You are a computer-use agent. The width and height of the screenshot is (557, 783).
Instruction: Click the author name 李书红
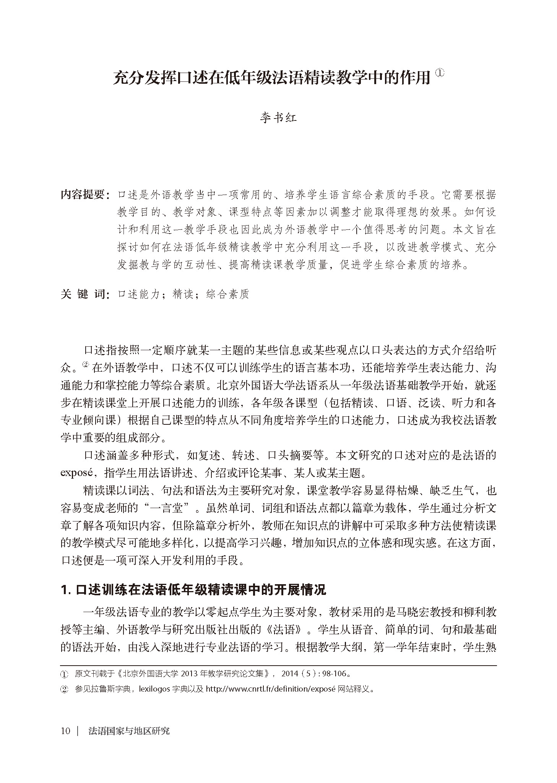tap(278, 118)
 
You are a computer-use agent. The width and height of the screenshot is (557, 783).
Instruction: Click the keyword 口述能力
tap(138, 294)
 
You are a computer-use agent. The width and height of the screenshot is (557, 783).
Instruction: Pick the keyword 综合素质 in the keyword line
tap(227, 294)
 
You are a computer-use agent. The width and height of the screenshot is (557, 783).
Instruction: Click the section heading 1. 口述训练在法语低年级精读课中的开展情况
tap(193, 590)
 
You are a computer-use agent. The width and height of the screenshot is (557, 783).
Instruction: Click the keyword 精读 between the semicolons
tap(182, 294)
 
